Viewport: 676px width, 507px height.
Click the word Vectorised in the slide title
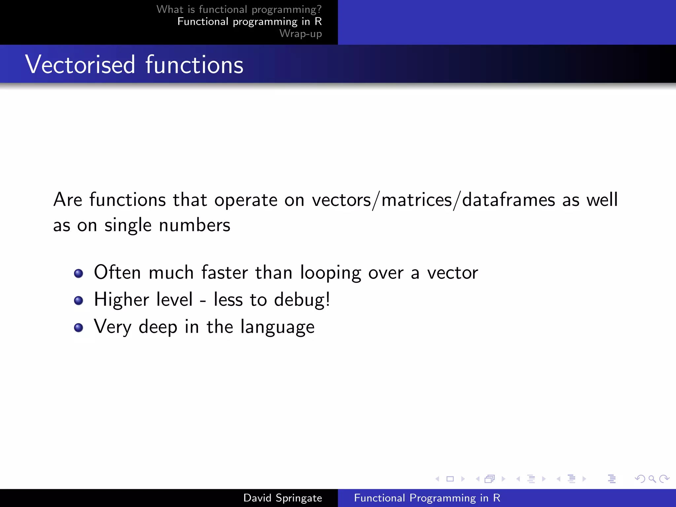click(80, 65)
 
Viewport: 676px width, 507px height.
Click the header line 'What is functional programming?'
click(239, 9)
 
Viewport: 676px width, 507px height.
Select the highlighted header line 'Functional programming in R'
click(249, 21)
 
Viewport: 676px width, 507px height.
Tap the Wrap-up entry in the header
click(300, 33)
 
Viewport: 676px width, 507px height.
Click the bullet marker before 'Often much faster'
click(79, 273)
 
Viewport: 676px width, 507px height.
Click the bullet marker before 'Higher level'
click(79, 300)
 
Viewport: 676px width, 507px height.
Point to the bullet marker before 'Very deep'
click(79, 327)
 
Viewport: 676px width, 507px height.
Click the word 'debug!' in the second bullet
click(302, 300)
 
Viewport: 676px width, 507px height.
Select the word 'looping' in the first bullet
click(330, 273)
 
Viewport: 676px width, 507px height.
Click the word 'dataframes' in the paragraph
click(508, 200)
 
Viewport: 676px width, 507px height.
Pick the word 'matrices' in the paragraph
click(417, 200)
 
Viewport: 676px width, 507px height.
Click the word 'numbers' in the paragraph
click(194, 225)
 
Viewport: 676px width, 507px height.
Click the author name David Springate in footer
click(283, 498)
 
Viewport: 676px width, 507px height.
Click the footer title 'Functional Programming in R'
click(427, 498)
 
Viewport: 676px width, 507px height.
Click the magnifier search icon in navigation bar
click(652, 479)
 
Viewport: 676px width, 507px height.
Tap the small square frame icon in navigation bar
click(450, 479)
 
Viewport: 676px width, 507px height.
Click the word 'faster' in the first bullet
click(224, 273)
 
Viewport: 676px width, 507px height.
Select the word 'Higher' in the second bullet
click(121, 300)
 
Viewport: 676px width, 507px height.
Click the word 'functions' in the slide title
click(194, 65)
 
